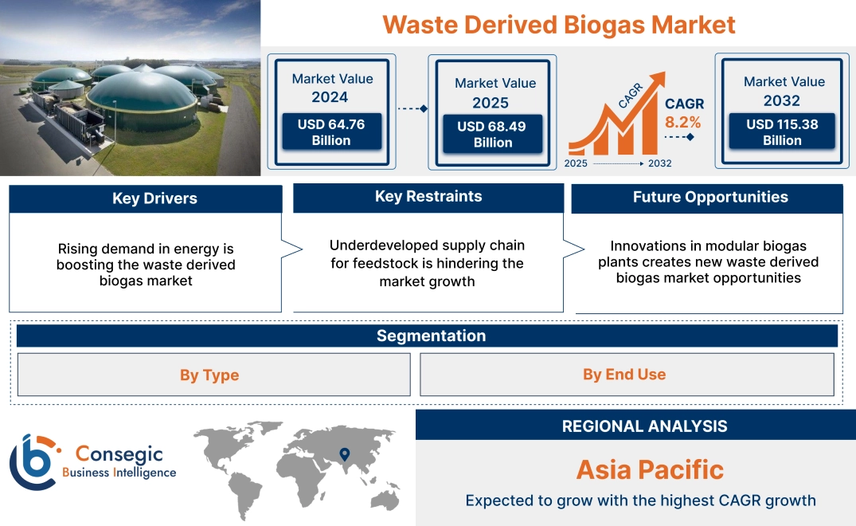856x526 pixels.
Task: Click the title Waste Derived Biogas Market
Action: (558, 24)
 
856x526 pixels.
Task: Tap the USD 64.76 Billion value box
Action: (331, 132)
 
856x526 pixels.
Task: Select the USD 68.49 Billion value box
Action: (493, 135)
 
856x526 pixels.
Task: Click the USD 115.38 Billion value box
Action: (782, 132)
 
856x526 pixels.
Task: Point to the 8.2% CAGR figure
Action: (682, 122)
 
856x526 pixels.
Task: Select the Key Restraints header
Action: (428, 197)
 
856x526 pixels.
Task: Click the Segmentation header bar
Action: (431, 336)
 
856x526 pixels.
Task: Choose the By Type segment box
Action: (209, 375)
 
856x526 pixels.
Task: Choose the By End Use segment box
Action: (624, 375)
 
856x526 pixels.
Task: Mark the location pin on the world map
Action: (344, 454)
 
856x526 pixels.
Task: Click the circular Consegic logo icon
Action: (32, 462)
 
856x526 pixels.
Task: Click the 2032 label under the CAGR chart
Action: (660, 163)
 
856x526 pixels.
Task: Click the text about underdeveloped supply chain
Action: (428, 263)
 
